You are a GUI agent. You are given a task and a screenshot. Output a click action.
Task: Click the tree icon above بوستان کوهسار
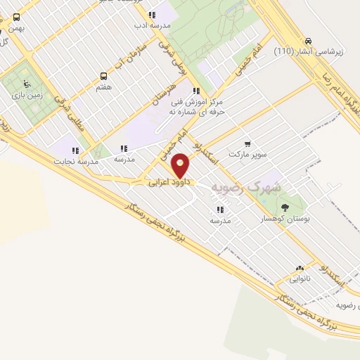(x=285, y=207)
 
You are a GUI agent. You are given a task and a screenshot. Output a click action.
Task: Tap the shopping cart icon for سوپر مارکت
(x=247, y=144)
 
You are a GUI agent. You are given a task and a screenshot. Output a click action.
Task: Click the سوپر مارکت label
(x=247, y=154)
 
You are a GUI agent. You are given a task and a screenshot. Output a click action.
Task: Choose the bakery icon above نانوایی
(x=300, y=268)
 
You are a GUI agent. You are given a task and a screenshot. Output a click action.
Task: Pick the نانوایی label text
(x=300, y=279)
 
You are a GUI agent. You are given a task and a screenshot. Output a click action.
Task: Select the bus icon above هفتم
(x=104, y=76)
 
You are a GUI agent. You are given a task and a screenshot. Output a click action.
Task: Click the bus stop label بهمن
(x=15, y=29)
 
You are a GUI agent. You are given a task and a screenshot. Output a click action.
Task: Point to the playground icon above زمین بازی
(x=27, y=82)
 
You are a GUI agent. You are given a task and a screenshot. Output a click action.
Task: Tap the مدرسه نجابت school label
(x=73, y=161)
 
